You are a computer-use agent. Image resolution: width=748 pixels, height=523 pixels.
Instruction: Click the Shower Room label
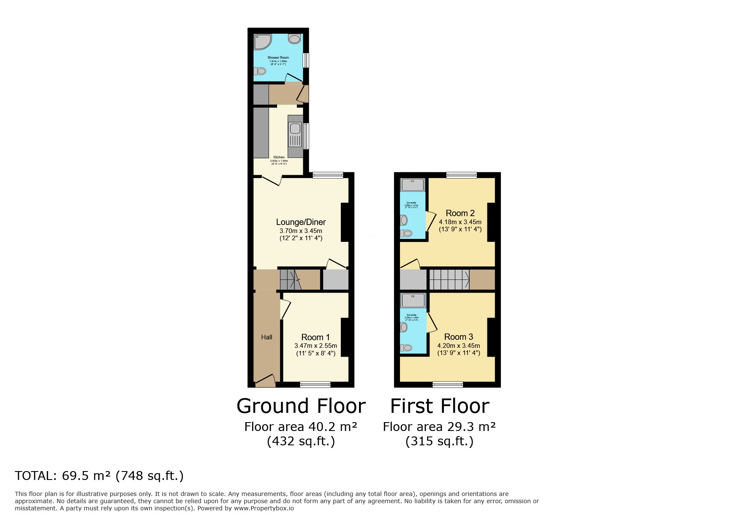278,57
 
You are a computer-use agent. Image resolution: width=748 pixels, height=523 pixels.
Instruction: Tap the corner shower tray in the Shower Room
262,41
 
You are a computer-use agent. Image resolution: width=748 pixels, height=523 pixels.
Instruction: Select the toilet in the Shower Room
260,71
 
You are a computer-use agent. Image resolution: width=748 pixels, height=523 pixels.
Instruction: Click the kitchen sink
295,128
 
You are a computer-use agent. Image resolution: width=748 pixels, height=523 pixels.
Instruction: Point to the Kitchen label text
279,157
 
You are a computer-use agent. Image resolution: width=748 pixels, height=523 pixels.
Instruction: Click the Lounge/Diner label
301,222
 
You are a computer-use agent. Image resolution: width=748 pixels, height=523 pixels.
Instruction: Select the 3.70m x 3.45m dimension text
301,231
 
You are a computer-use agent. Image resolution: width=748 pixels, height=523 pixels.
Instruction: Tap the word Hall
267,337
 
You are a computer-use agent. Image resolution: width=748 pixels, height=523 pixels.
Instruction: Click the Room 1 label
315,337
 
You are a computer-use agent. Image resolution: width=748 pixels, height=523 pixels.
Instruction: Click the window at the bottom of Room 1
315,384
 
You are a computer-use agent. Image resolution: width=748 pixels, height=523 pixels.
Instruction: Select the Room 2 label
460,213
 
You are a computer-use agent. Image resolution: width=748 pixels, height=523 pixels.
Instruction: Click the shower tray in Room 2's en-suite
413,185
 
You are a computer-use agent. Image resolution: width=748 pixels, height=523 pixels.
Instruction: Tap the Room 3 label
458,337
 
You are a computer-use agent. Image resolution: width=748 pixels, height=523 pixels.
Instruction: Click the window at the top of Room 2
462,175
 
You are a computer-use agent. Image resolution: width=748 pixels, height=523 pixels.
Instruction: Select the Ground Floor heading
301,406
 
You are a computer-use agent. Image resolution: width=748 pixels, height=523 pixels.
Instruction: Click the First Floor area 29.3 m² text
439,427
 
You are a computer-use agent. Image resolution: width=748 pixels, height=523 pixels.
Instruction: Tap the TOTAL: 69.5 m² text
99,476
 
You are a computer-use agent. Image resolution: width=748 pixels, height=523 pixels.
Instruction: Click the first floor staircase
449,279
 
